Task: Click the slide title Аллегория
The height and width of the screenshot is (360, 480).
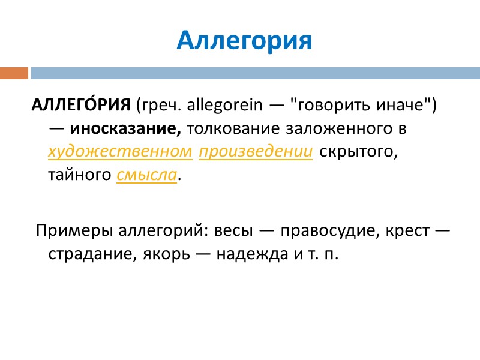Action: (245, 40)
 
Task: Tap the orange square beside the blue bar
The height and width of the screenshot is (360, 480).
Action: (14, 73)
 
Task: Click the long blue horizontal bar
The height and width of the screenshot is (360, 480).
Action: (255, 73)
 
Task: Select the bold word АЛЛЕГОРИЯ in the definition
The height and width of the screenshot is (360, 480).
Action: (82, 106)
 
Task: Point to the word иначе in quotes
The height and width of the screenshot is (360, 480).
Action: (406, 106)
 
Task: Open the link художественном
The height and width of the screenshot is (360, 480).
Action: (120, 152)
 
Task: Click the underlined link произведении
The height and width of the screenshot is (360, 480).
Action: (256, 152)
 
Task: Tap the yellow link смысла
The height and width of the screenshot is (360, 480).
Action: (147, 175)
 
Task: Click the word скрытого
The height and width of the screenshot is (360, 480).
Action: (358, 152)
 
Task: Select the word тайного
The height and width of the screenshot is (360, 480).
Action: (80, 175)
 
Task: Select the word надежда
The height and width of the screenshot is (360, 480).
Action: (245, 254)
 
